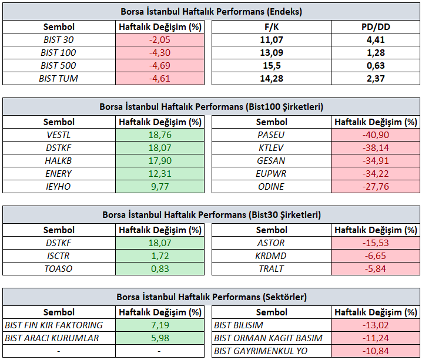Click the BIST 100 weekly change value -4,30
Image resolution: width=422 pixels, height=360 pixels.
click(160, 53)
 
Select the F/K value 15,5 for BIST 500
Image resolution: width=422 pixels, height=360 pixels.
click(272, 66)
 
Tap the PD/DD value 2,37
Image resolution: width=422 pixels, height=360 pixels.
click(376, 79)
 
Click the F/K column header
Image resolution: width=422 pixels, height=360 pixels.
click(272, 27)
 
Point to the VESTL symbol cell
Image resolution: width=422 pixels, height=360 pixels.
click(59, 134)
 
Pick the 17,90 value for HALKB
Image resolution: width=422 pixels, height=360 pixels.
click(160, 160)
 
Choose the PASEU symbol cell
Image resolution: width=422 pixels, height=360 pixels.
click(271, 134)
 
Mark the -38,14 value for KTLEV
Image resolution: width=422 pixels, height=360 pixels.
click(376, 147)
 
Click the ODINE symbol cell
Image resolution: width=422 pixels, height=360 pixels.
click(271, 186)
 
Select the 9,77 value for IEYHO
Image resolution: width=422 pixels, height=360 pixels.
click(160, 186)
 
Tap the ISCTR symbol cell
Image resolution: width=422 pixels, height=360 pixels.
click(58, 255)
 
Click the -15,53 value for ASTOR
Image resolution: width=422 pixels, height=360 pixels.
click(376, 243)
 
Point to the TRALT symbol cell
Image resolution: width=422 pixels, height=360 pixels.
click(272, 268)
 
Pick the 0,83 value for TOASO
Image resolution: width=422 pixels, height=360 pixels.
click(160, 268)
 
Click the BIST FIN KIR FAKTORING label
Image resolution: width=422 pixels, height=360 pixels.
click(54, 325)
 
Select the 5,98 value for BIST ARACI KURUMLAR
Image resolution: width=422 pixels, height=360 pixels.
click(160, 338)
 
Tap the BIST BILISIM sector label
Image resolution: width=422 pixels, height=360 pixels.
click(239, 325)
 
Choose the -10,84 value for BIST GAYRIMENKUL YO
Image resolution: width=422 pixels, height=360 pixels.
click(376, 351)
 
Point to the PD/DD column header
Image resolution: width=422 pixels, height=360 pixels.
click(376, 27)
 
